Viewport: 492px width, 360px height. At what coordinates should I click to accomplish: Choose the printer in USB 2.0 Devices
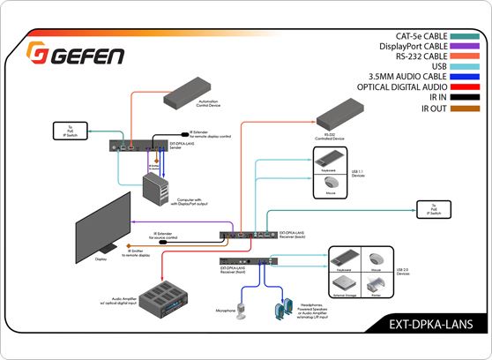pos(376,281)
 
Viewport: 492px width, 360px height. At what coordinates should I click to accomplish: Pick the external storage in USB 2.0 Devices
pos(342,281)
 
